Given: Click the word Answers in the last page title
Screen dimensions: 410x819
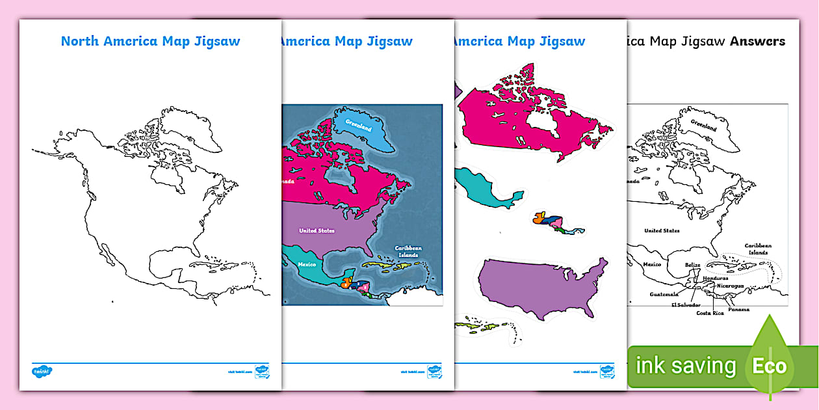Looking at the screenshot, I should (757, 42).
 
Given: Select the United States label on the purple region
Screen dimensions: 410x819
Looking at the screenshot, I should (317, 230).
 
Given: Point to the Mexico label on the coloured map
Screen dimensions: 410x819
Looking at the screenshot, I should (306, 265).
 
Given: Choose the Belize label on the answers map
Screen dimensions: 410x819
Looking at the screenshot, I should (692, 265).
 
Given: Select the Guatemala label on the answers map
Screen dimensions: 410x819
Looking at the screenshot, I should (664, 294).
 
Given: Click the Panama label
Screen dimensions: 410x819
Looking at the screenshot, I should (738, 309).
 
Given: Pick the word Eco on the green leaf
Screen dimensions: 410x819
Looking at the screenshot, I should (770, 366).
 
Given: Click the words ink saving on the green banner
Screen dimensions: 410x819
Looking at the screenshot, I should (686, 366).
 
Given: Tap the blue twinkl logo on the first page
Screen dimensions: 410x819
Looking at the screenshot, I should (42, 371).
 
